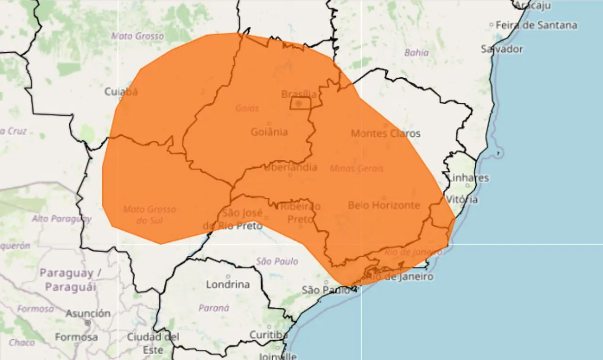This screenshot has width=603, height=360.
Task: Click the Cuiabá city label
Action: point(121,91)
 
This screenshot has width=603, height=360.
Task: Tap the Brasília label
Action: point(299,94)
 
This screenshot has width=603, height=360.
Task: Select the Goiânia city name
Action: point(269,132)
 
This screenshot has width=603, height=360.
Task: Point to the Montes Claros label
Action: point(385,133)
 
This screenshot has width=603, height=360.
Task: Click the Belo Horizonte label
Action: point(383,205)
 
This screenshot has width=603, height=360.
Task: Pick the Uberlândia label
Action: point(290,167)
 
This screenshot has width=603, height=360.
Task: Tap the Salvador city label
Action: point(502,49)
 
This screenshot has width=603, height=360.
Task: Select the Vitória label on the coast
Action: point(462,199)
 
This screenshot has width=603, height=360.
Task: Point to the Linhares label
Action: point(468,178)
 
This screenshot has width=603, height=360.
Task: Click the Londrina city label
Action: point(228,284)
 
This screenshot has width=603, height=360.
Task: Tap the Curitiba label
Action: point(269,335)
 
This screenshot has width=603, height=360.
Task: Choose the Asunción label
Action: point(88,313)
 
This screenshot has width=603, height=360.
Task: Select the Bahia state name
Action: point(416,53)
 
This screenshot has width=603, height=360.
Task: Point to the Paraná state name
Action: point(214,308)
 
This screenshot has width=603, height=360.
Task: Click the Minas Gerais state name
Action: point(357,168)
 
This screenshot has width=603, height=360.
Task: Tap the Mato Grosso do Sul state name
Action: point(149,214)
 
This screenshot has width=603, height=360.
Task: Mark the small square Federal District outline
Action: point(300,103)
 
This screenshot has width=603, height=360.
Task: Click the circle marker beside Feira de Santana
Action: point(491,25)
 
